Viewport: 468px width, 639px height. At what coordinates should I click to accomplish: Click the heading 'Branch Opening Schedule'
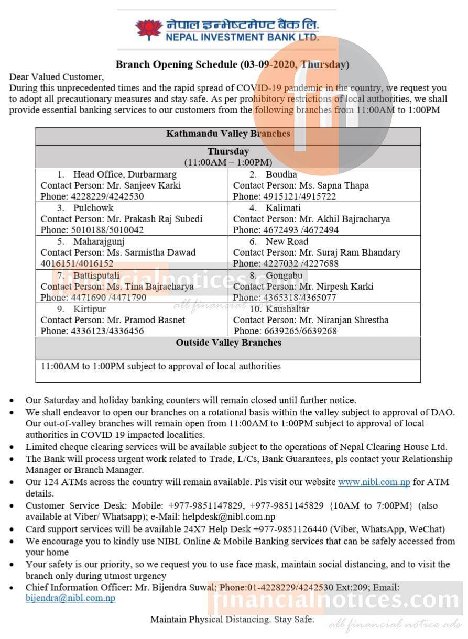pyautogui.click(x=176, y=65)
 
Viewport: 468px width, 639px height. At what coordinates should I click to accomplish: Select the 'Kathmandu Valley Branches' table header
pyautogui.click(x=228, y=134)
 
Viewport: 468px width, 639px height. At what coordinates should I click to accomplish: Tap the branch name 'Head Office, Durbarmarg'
pyautogui.click(x=125, y=174)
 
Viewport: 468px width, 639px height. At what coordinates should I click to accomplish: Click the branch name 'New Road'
pyautogui.click(x=287, y=241)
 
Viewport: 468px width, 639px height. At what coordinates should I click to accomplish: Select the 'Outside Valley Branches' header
pyautogui.click(x=228, y=343)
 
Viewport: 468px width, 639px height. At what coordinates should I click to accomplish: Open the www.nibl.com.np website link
pyautogui.click(x=374, y=482)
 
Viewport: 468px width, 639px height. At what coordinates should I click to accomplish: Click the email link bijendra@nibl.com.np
pyautogui.click(x=70, y=598)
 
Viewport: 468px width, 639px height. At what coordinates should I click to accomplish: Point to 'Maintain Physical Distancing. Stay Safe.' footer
pyautogui.click(x=232, y=620)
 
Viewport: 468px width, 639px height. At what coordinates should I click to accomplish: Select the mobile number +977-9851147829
pyautogui.click(x=206, y=506)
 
